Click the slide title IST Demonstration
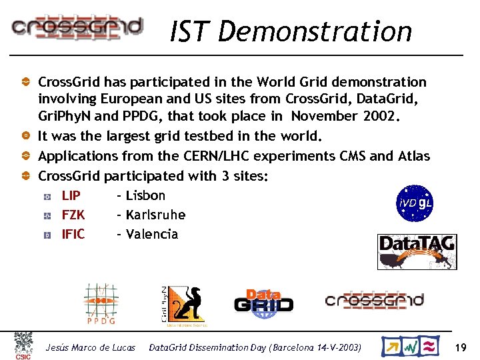[x=291, y=31]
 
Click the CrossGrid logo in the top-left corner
[x=77, y=27]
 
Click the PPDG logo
[x=101, y=304]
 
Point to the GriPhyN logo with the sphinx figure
[x=184, y=306]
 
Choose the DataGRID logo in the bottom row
[x=263, y=301]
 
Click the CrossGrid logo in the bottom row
[x=374, y=301]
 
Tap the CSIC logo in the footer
[x=23, y=346]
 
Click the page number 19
[x=460, y=347]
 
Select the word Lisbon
[x=145, y=195]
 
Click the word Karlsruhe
[x=155, y=215]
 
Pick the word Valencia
[x=152, y=234]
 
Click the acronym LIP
[x=71, y=195]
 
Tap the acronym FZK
[x=73, y=215]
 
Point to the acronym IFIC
[x=73, y=234]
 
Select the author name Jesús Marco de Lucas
[x=90, y=347]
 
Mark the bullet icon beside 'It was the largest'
[x=25, y=136]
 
